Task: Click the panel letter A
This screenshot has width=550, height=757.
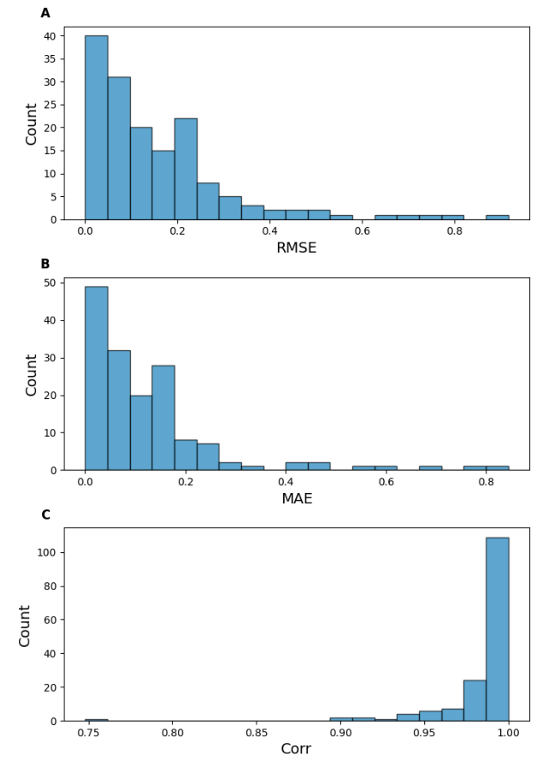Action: click(46, 13)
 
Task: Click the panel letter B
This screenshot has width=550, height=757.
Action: click(46, 264)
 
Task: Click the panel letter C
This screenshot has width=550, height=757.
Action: click(46, 514)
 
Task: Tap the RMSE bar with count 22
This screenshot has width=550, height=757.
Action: click(186, 169)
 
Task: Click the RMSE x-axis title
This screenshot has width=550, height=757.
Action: click(296, 248)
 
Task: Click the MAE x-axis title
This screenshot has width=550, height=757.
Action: click(296, 498)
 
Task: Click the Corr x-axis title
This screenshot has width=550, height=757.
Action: click(296, 748)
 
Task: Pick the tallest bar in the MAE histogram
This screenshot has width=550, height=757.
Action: click(96, 378)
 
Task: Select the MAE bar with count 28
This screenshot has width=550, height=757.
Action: click(164, 417)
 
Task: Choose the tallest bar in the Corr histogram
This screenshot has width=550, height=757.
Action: click(497, 629)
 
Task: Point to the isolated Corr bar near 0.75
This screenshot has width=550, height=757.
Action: click(96, 719)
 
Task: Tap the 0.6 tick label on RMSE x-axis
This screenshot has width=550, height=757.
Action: click(362, 231)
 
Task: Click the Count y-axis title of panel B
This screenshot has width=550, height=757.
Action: click(31, 374)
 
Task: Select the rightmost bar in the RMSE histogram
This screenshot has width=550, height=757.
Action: click(497, 217)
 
